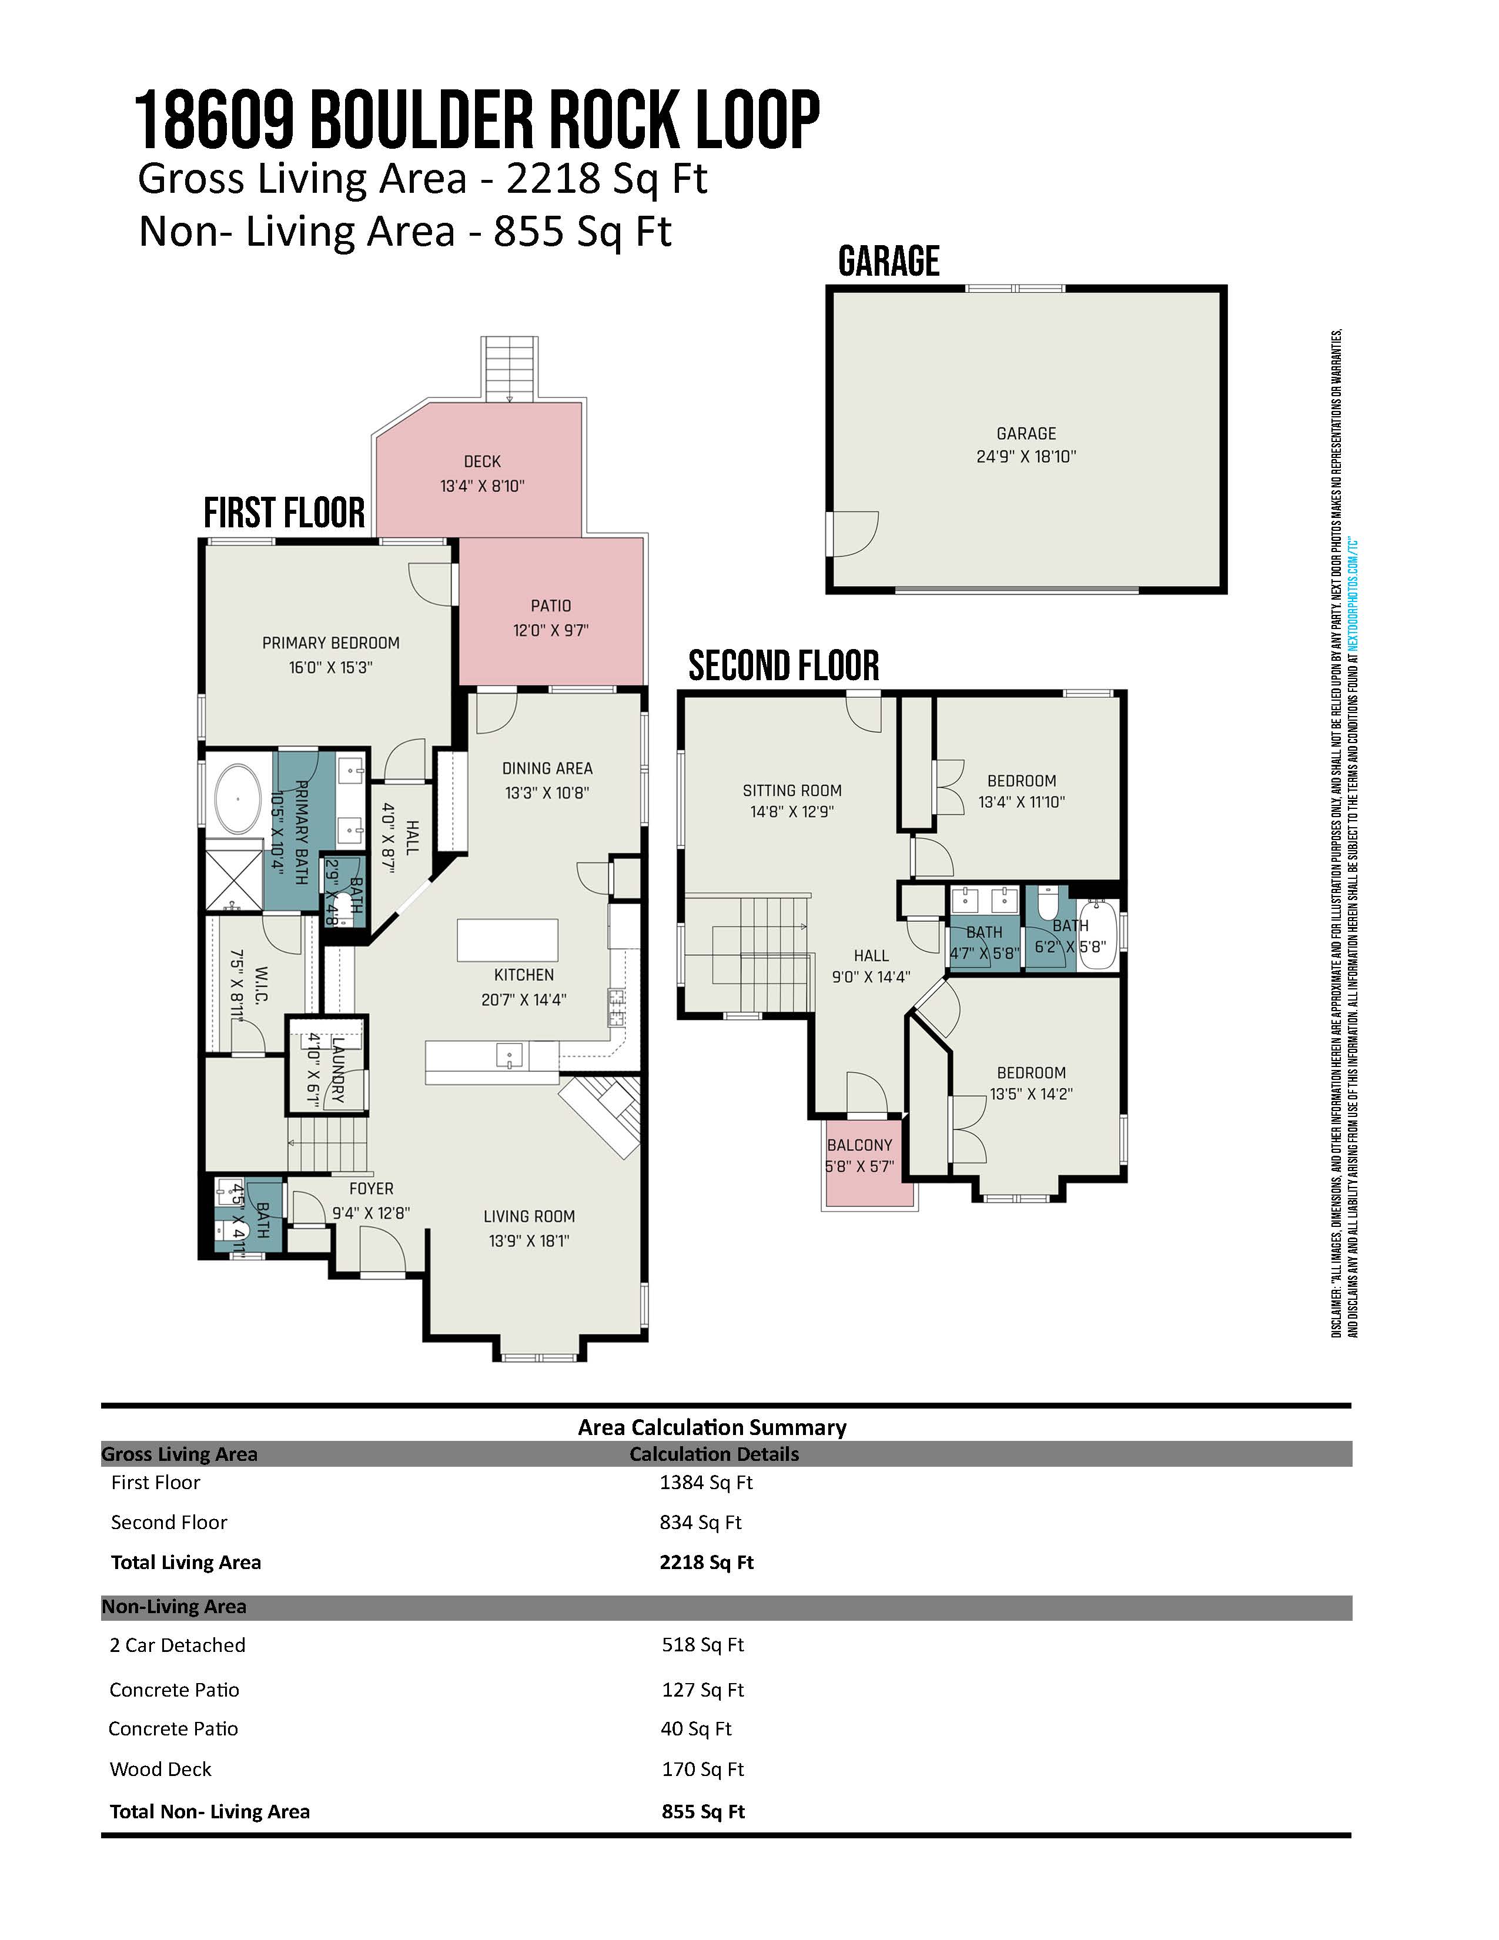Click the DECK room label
(482, 462)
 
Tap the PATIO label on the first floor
(551, 606)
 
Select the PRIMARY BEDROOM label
(330, 643)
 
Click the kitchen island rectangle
(507, 941)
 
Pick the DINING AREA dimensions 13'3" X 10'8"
(547, 792)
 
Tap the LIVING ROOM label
(529, 1216)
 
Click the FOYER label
(371, 1189)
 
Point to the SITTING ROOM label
(792, 791)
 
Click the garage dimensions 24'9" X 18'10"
(1026, 457)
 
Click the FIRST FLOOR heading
(284, 513)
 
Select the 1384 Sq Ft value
(706, 1483)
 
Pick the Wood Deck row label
(160, 1770)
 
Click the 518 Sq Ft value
(702, 1645)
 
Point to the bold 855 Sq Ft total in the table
(703, 1812)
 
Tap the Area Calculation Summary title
(712, 1427)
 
